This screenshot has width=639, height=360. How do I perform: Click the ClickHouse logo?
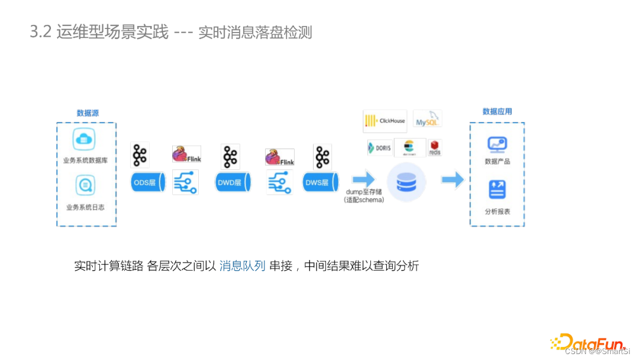pyautogui.click(x=384, y=121)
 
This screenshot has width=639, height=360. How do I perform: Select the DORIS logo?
pyautogui.click(x=379, y=147)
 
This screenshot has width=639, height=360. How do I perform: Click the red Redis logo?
pyautogui.click(x=435, y=147)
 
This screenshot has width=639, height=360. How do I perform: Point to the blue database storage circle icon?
pyautogui.click(x=406, y=180)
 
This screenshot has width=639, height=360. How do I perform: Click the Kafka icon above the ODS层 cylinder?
pyautogui.click(x=140, y=155)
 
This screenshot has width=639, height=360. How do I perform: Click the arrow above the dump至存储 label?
pyautogui.click(x=363, y=178)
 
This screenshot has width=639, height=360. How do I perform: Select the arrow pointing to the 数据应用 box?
pyautogui.click(x=453, y=180)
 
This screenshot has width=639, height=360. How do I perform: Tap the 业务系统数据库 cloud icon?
pyautogui.click(x=84, y=140)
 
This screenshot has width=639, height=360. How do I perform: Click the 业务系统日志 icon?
pyautogui.click(x=85, y=186)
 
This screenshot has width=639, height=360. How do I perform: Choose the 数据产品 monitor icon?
pyautogui.click(x=497, y=144)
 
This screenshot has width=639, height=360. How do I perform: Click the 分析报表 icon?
pyautogui.click(x=496, y=190)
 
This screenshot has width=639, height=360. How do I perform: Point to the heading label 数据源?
pyautogui.click(x=87, y=113)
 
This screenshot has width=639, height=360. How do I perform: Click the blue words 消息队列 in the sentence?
pyautogui.click(x=242, y=266)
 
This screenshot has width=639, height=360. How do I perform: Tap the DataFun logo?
pyautogui.click(x=588, y=342)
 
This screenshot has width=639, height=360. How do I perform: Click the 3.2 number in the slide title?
pyautogui.click(x=40, y=32)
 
